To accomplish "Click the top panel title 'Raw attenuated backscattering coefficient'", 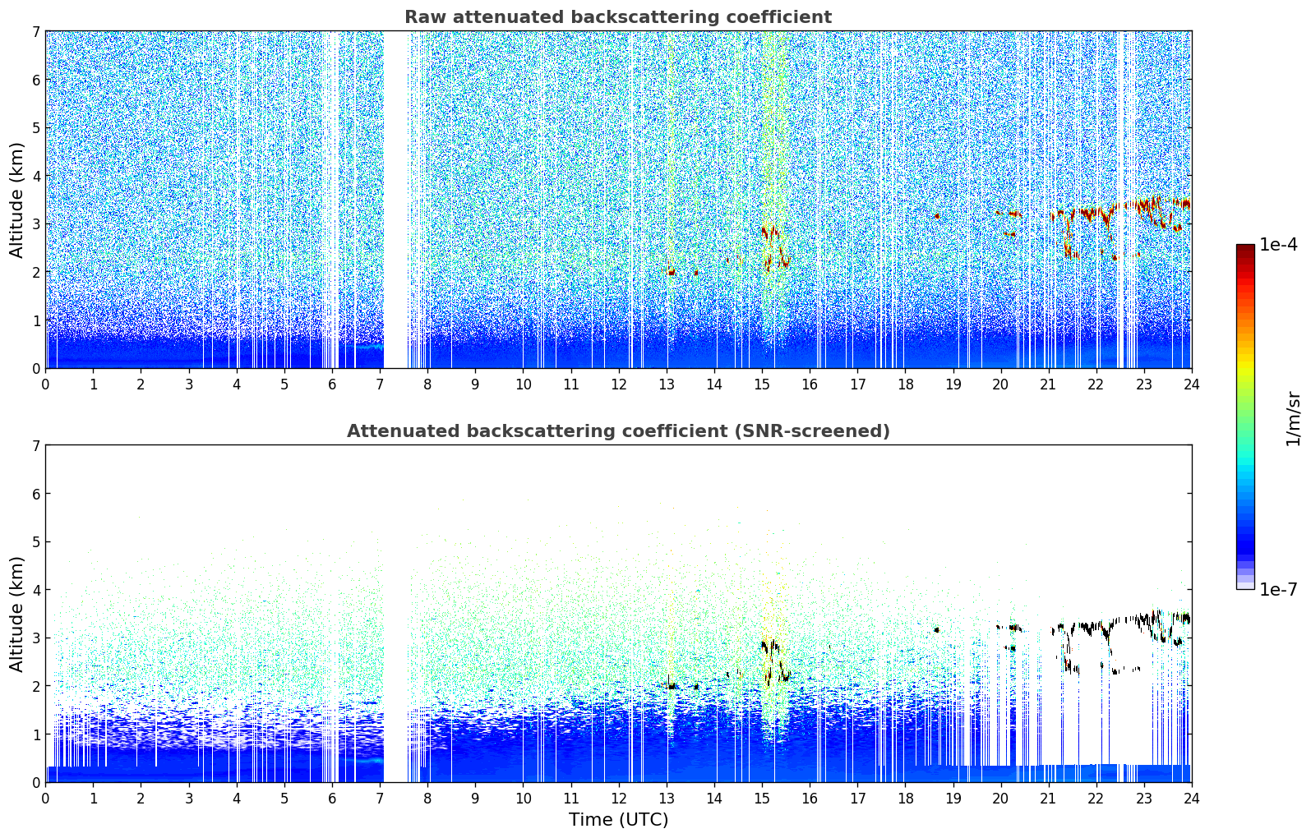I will [x=618, y=17].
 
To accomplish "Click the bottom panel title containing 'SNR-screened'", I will [x=618, y=431].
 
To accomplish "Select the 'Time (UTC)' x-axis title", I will [x=618, y=819].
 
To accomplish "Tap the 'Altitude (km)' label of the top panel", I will [x=17, y=200].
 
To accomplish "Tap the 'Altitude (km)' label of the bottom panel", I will [x=17, y=614].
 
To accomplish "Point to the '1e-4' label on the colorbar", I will [x=1278, y=245].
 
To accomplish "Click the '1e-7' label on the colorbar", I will [x=1278, y=589].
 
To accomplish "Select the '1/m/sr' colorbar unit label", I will [x=1293, y=419].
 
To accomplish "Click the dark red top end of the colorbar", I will [x=1245, y=249].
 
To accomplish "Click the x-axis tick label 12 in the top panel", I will [x=619, y=384].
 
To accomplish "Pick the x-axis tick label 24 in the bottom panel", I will [x=1191, y=798].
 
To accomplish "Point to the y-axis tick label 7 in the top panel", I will [x=35, y=32].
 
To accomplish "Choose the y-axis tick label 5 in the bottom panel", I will [x=35, y=542].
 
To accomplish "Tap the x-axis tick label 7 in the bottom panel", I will [x=380, y=798].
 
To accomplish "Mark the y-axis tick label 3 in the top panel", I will [x=35, y=224].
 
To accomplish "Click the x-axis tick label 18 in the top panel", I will [x=905, y=384].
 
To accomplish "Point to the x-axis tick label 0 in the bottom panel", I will [x=45, y=798].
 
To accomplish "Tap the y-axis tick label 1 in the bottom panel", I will [x=35, y=734].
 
